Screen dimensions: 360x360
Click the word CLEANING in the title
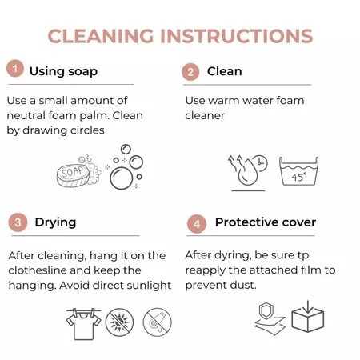click(101, 36)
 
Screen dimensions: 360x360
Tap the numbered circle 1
click(15, 69)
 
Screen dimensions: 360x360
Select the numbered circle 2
click(190, 72)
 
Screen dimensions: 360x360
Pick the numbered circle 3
click(18, 222)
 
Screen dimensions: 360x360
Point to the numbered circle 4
click(197, 224)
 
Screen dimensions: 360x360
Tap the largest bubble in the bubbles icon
click(122, 178)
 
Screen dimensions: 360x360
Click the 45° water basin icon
click(298, 171)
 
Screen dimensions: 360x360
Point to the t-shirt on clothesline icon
click(84, 324)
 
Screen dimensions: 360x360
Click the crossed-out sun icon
click(119, 322)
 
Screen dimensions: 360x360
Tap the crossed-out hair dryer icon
click(158, 322)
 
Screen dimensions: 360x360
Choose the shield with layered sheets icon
click(270, 318)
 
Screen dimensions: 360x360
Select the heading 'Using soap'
click(63, 71)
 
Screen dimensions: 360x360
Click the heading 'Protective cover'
click(266, 222)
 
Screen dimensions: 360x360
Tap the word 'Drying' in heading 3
click(55, 223)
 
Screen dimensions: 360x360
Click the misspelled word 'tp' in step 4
click(303, 256)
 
